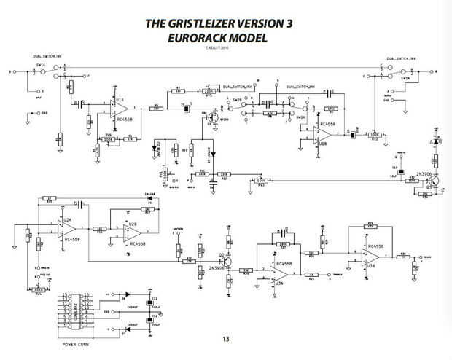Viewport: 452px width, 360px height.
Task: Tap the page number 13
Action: [x=225, y=338]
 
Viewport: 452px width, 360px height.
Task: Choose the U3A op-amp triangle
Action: [x=275, y=270]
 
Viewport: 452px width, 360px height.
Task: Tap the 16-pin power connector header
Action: [x=76, y=310]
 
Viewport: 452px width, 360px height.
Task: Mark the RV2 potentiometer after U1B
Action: [x=376, y=135]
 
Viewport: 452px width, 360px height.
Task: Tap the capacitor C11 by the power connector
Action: [x=154, y=302]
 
